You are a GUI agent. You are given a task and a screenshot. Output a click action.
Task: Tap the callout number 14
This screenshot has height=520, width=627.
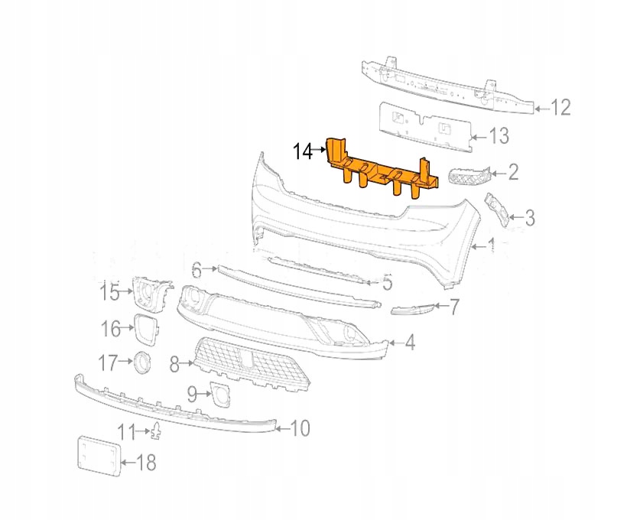(303, 151)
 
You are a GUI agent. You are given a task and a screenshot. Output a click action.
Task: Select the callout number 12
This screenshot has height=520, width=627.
(560, 108)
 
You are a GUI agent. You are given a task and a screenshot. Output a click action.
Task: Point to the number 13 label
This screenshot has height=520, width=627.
(499, 137)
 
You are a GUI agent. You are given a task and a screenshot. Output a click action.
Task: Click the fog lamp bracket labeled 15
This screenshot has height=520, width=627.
(150, 294)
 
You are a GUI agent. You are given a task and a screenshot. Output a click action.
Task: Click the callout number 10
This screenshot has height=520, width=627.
(300, 428)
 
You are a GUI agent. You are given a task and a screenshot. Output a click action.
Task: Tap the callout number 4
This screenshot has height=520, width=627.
(410, 343)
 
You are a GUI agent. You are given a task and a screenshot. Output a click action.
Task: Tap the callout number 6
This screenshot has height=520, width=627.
(197, 270)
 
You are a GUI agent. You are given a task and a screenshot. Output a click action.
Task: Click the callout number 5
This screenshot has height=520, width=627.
(387, 284)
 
